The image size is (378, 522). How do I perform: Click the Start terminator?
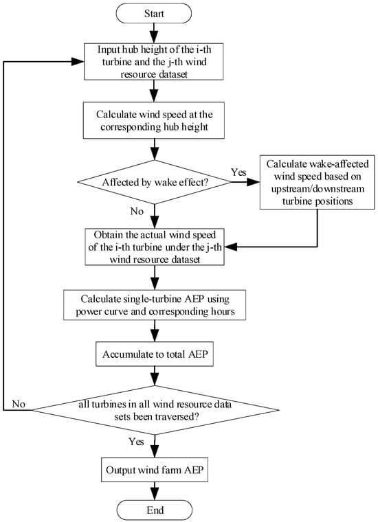pyautogui.click(x=153, y=14)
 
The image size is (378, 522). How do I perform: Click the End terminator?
pyautogui.click(x=155, y=510)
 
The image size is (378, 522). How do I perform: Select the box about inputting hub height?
pyautogui.click(x=153, y=62)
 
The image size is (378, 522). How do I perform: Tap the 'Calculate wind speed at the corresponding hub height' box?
pyautogui.click(x=153, y=120)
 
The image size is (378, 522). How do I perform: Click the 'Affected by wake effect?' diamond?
pyautogui.click(x=154, y=182)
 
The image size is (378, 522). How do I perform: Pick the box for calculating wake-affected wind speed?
pyautogui.click(x=317, y=182)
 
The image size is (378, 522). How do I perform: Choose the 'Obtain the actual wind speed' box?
pyautogui.click(x=155, y=247)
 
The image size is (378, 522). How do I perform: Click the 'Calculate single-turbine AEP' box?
pyautogui.click(x=155, y=305)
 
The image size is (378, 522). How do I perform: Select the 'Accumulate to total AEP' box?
pyautogui.click(x=155, y=354)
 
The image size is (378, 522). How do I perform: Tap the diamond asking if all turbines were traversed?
pyautogui.click(x=155, y=410)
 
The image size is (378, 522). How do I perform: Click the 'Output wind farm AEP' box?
pyautogui.click(x=155, y=470)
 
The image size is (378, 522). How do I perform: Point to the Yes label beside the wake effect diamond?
pyautogui.click(x=238, y=172)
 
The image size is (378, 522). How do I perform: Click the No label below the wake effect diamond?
pyautogui.click(x=137, y=212)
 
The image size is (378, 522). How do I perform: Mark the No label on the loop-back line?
pyautogui.click(x=19, y=404)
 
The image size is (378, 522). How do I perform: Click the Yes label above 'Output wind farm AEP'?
pyautogui.click(x=136, y=442)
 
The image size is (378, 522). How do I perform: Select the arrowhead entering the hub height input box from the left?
pyautogui.click(x=78, y=62)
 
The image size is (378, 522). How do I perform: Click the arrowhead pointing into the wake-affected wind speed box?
pyautogui.click(x=254, y=182)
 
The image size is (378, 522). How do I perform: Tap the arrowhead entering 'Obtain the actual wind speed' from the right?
pyautogui.click(x=231, y=247)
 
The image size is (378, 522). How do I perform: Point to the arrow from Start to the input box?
pyautogui.click(x=153, y=33)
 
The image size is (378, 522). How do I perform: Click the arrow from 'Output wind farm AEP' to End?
pyautogui.click(x=155, y=491)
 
